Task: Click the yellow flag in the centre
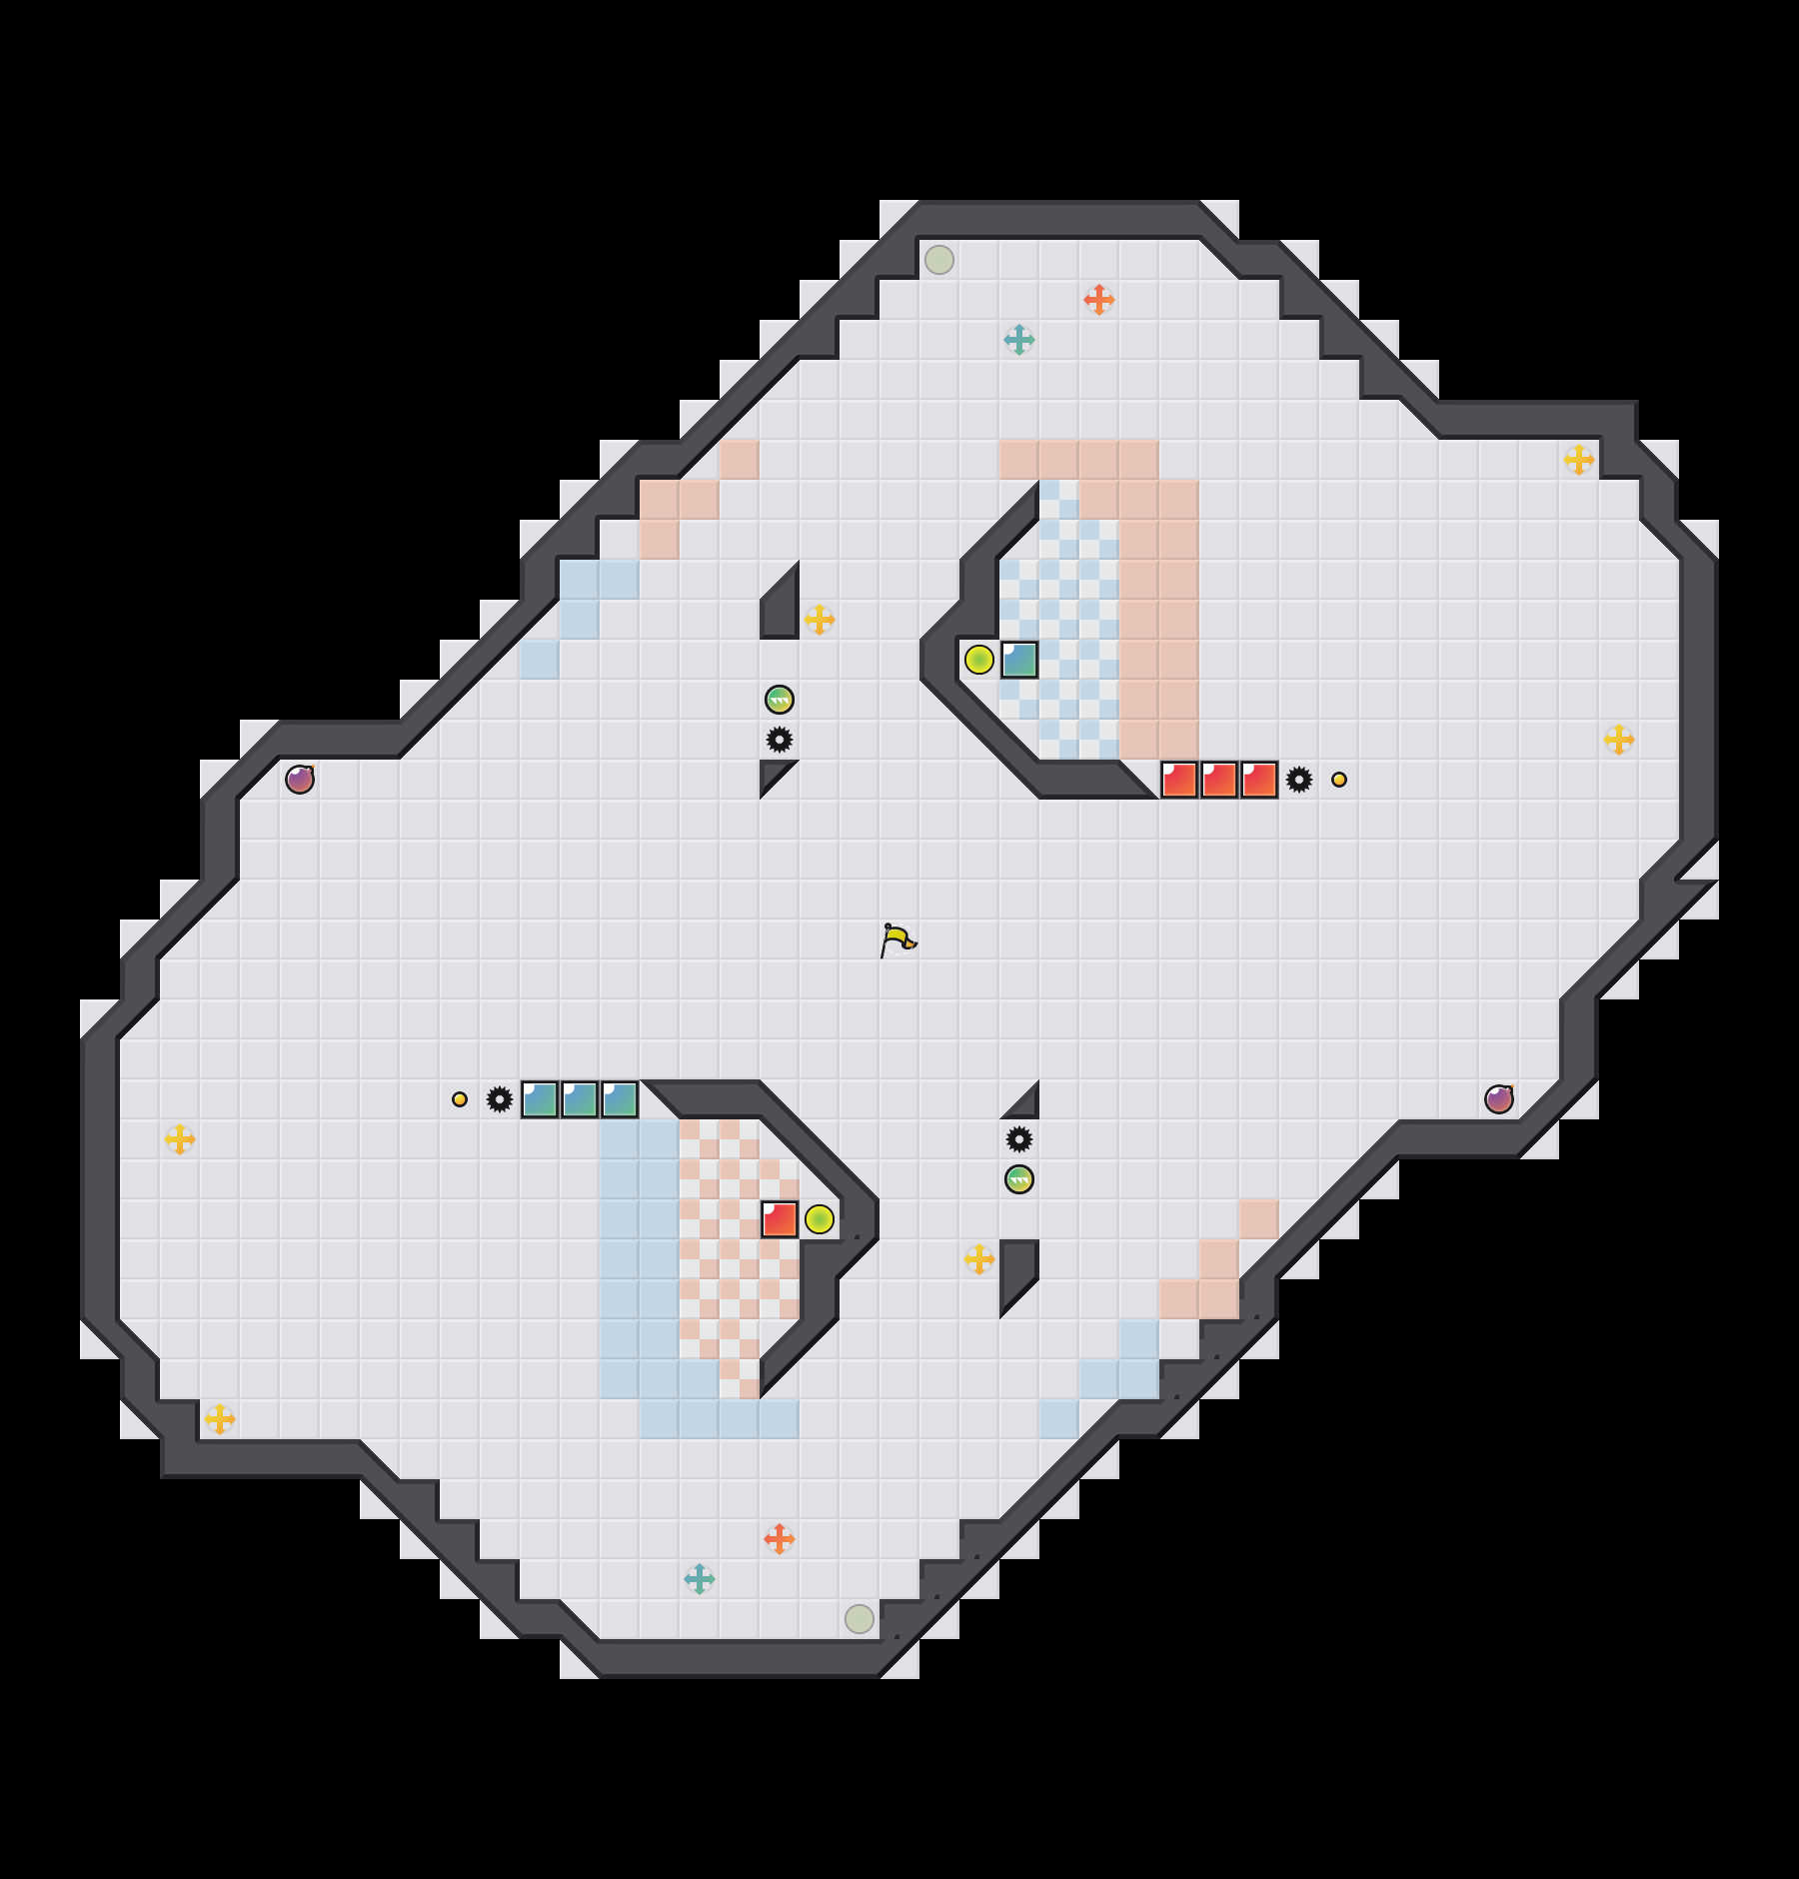[898, 939]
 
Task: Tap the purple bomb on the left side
[300, 780]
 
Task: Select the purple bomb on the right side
[1498, 1099]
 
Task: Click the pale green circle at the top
[938, 260]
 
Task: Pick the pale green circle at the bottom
[859, 1619]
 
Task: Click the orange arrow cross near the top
[1098, 300]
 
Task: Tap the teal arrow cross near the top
[1018, 340]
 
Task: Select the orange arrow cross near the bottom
[779, 1539]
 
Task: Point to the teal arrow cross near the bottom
[699, 1579]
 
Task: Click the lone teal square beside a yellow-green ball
[1019, 660]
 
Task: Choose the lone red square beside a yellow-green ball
[780, 1219]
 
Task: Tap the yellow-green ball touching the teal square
[978, 660]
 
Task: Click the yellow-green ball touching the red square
[820, 1219]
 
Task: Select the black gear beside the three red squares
[1298, 780]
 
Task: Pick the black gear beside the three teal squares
[499, 1099]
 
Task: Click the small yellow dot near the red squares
[1338, 780]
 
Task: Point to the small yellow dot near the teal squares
[459, 1099]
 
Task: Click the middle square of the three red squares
[1219, 780]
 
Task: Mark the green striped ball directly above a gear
[779, 700]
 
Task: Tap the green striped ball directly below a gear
[1018, 1179]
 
